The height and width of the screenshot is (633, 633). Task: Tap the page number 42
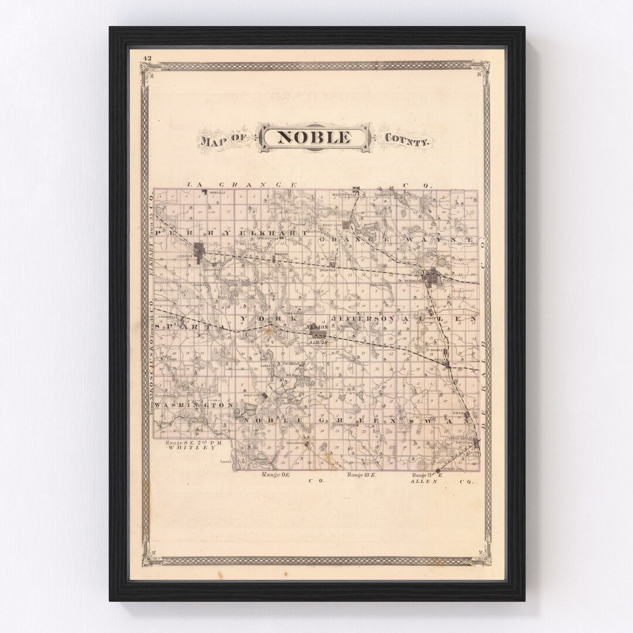tap(147, 57)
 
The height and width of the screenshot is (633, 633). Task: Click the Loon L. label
tap(227, 461)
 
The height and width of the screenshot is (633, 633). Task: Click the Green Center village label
tap(344, 422)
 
